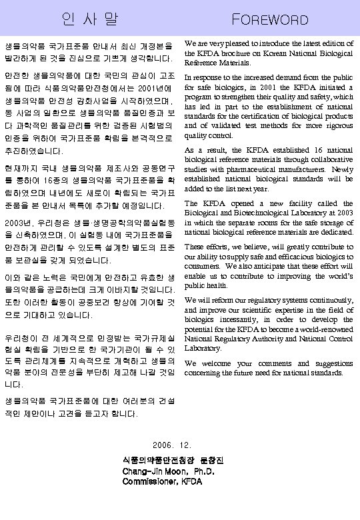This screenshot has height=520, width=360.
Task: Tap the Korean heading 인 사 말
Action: coord(89,19)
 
